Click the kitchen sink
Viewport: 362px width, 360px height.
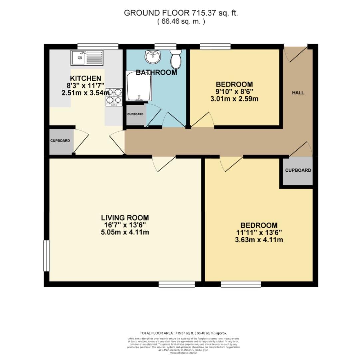click(86, 58)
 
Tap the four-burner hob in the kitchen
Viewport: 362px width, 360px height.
click(114, 97)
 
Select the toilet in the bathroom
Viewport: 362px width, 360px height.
click(176, 59)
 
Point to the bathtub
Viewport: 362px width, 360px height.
click(138, 86)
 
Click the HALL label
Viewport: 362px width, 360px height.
click(298, 93)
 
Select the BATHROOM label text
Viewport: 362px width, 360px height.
click(156, 72)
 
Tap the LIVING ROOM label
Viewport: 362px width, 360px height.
click(125, 218)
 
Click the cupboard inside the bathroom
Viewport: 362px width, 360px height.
click(135, 114)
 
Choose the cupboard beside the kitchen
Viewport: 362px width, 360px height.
click(60, 141)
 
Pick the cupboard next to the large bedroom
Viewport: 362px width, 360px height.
click(298, 170)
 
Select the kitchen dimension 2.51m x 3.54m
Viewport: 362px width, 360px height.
click(85, 93)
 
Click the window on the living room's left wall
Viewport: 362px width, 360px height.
click(46, 256)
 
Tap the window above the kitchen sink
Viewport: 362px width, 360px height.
click(98, 46)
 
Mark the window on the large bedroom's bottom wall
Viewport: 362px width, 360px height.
click(241, 284)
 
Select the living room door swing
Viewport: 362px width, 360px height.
click(163, 163)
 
